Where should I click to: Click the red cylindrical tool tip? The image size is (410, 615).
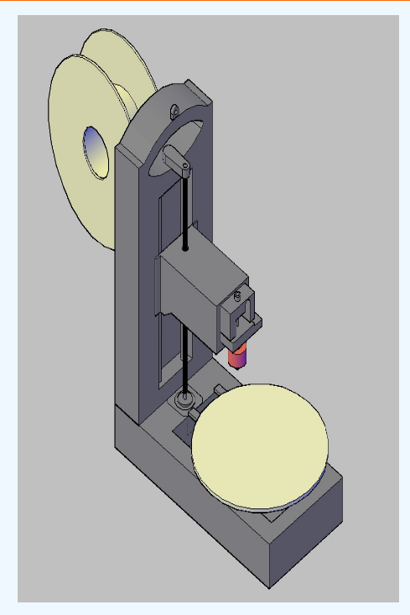point(238,356)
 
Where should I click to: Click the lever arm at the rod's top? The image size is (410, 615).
point(178,158)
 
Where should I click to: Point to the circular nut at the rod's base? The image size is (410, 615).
point(184,402)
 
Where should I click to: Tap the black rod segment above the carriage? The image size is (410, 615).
point(184,210)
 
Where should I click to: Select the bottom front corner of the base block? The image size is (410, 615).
point(270,585)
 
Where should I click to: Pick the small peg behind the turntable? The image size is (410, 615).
point(217,390)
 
